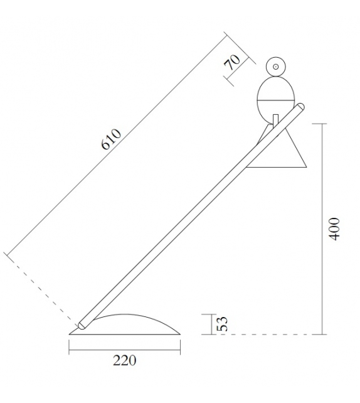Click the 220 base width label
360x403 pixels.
pos(124,360)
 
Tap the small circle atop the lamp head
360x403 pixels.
pos(275,66)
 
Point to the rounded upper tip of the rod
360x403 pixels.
pos(302,107)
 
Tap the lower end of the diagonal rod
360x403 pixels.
pos(81,326)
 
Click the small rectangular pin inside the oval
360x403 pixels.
pos(276,119)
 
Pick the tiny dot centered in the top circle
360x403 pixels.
pos(275,66)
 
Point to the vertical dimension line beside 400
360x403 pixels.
pos(322,229)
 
